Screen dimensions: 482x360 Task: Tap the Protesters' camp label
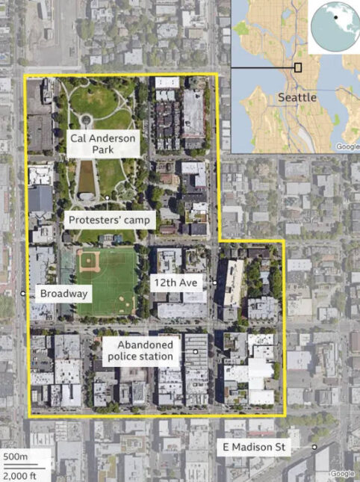pos(111,220)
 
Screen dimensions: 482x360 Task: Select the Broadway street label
pos(64,294)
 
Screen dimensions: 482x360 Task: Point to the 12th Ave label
pos(179,282)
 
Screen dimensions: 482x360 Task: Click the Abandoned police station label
pos(143,350)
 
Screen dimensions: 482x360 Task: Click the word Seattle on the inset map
pos(297,98)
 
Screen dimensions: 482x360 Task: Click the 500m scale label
pos(14,457)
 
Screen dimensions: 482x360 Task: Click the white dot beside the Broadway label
pos(24,294)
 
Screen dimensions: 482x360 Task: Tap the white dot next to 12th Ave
pos(214,282)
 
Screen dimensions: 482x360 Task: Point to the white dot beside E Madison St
pos(314,447)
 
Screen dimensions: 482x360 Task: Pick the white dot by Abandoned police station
pos(195,350)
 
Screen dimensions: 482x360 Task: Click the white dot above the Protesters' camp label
pos(108,197)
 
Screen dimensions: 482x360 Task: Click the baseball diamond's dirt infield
pos(89,260)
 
